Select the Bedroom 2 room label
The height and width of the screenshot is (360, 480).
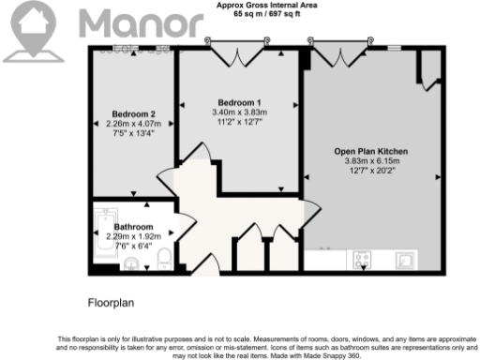point(133,114)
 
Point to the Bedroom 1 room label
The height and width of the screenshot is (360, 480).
point(239,102)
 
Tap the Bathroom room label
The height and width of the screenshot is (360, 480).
point(133,227)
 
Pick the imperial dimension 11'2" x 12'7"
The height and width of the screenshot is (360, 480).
point(239,121)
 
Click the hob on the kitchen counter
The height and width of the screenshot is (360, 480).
point(363,258)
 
